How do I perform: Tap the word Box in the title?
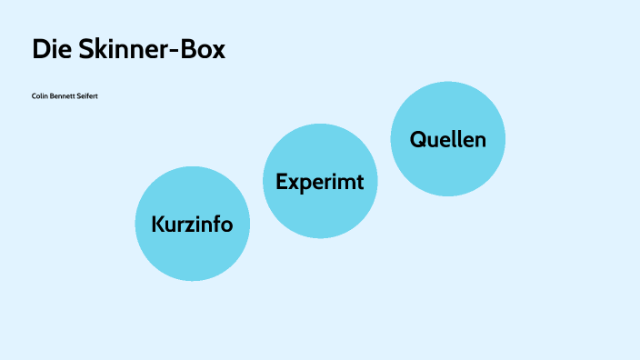point(202,50)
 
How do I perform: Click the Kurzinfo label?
point(192,224)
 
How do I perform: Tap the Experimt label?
point(319,182)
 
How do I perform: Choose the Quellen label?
point(447,139)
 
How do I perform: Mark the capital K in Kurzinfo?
point(158,224)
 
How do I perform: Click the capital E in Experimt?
point(282,182)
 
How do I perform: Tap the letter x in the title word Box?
point(217,52)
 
